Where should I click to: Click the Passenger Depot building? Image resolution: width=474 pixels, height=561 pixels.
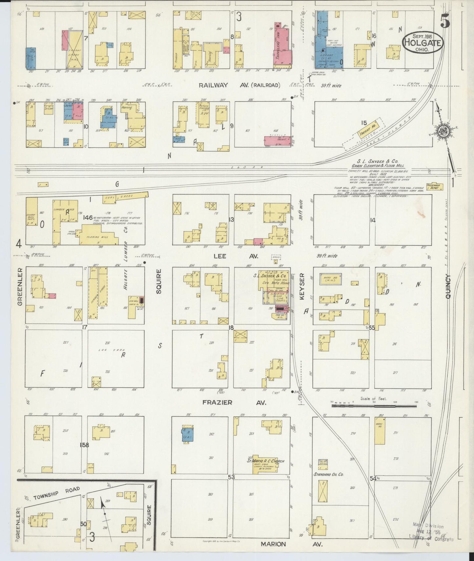435,187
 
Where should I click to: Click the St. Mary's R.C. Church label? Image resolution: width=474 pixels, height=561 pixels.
266,461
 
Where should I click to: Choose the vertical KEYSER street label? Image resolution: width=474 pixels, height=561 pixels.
302,286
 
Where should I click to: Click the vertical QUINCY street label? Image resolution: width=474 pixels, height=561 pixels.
448,286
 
